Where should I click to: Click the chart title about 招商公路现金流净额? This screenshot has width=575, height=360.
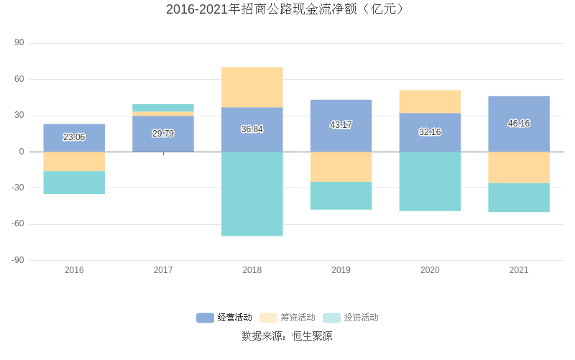pos(287,9)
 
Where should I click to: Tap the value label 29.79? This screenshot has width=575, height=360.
pos(163,134)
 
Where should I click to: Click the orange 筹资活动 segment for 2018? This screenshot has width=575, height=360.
pos(252,87)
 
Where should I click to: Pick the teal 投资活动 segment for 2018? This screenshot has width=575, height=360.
pos(252,193)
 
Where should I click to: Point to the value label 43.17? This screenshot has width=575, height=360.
pos(341,125)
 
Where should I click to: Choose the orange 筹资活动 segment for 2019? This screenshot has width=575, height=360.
pos(341,167)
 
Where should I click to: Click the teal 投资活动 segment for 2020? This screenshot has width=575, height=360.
pos(430,181)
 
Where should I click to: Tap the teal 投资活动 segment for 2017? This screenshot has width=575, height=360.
pos(163,108)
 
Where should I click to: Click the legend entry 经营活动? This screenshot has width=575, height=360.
pos(224,318)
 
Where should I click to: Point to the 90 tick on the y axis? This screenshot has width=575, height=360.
pos(19,43)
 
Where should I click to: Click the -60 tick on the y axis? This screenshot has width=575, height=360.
pos(17,224)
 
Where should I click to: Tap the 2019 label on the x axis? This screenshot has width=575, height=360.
pos(341,270)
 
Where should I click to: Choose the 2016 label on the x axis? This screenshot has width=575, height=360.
pos(74,270)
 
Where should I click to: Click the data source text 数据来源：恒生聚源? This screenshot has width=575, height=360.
pos(287,336)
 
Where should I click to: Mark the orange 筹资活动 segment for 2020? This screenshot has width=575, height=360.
pos(430,101)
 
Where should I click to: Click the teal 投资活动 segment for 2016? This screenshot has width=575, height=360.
pos(74,183)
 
